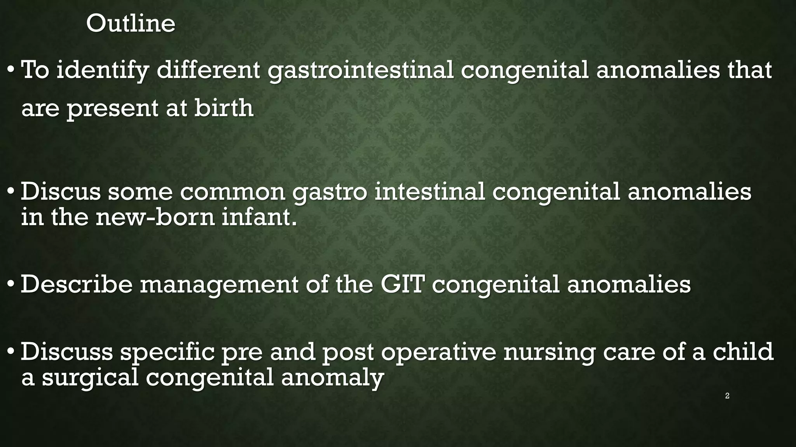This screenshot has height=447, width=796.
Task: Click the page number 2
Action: [x=727, y=396]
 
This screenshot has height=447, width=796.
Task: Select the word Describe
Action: [x=77, y=284]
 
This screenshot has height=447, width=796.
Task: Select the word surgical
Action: [x=90, y=378]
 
